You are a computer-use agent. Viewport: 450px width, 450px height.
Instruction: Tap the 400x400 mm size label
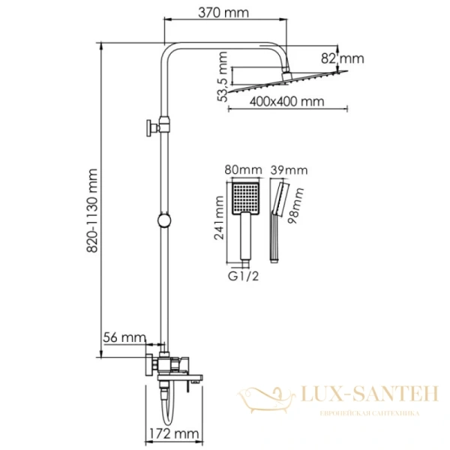pos(289,100)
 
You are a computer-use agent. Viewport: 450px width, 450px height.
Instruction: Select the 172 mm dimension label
pos(178,433)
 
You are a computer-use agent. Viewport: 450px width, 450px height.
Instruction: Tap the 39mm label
pos(290,171)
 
